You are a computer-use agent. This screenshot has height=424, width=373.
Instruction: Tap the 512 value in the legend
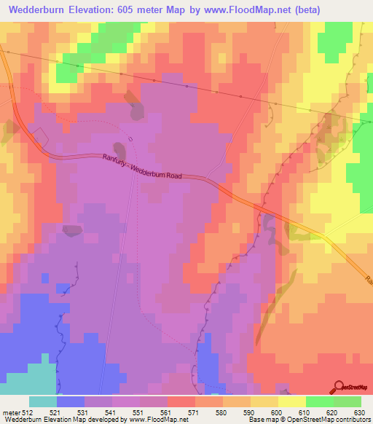tap(28, 412)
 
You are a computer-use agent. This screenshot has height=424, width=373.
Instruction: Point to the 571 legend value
tap(195, 412)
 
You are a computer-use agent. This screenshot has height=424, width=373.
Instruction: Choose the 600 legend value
tap(278, 412)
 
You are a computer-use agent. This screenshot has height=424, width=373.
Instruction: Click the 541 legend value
tap(111, 412)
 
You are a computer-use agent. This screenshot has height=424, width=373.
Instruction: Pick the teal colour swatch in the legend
tap(43, 401)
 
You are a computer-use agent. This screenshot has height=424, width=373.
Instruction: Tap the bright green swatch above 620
tap(320, 401)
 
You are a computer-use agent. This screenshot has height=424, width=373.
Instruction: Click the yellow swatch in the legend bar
tap(292, 401)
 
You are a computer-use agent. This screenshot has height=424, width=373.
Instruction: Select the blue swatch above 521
tap(71, 401)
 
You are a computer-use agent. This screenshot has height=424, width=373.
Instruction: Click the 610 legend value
tap(305, 412)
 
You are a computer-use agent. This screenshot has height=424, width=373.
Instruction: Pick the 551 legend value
tap(139, 412)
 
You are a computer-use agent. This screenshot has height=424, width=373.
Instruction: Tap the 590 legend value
tap(250, 412)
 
